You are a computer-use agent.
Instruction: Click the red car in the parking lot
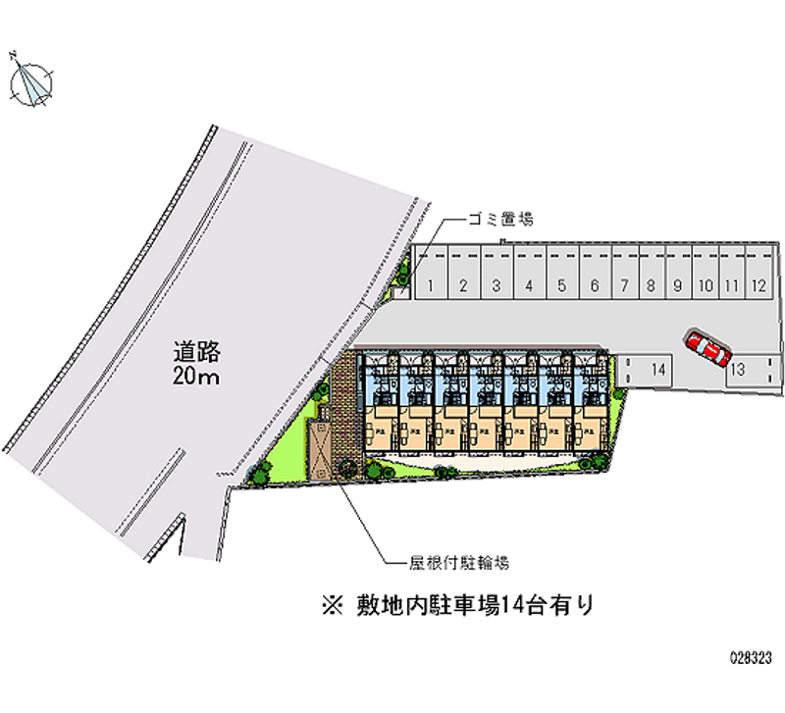click(x=707, y=348)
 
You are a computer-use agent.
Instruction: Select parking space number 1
click(x=431, y=286)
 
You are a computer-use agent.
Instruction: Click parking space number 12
click(x=758, y=286)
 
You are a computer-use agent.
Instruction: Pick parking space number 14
click(x=657, y=370)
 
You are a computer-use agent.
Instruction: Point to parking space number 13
click(x=738, y=369)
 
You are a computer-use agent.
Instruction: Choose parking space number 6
click(x=595, y=286)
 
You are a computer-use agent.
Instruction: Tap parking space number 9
click(x=677, y=286)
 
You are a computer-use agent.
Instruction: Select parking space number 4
click(x=529, y=286)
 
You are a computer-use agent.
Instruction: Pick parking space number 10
click(x=705, y=286)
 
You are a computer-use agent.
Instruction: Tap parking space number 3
click(x=497, y=286)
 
